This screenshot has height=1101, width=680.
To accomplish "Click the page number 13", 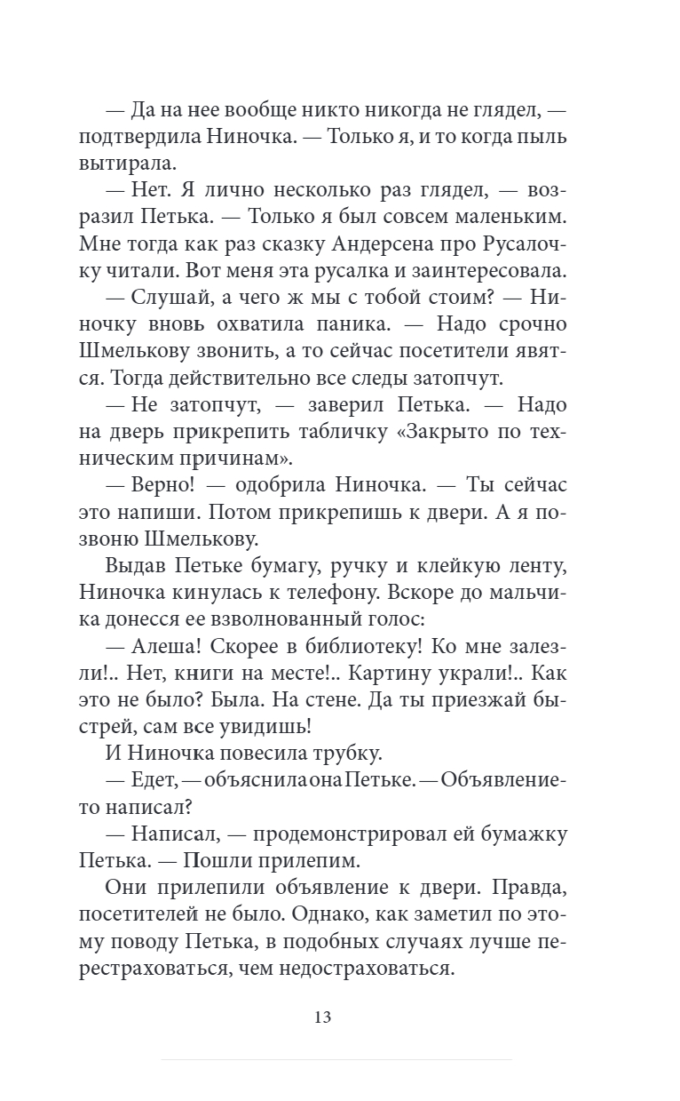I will [x=322, y=1017].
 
